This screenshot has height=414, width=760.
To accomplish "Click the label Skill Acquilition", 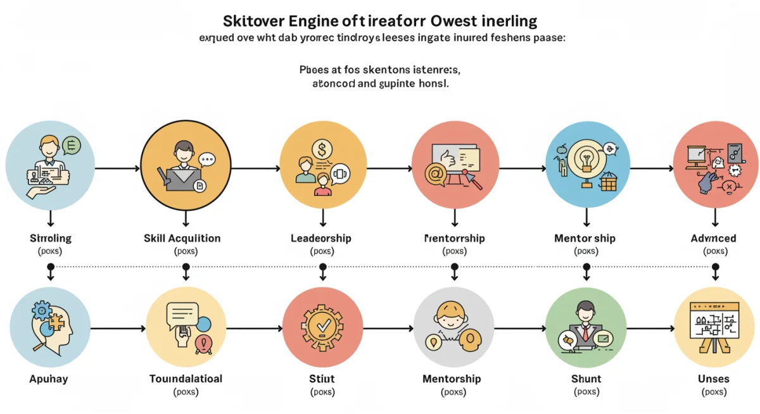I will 182,239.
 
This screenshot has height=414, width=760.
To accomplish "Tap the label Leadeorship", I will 320,239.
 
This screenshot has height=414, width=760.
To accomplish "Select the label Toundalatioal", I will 186,379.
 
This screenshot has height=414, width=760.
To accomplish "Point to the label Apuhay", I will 49,379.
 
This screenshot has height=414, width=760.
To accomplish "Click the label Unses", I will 714,379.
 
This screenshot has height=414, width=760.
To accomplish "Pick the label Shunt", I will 586,379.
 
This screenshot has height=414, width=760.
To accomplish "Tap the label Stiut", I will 322,379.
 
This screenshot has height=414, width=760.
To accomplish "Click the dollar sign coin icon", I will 322,149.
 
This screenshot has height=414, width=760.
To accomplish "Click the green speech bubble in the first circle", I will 72,146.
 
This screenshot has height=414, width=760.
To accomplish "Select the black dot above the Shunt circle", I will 586,267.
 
